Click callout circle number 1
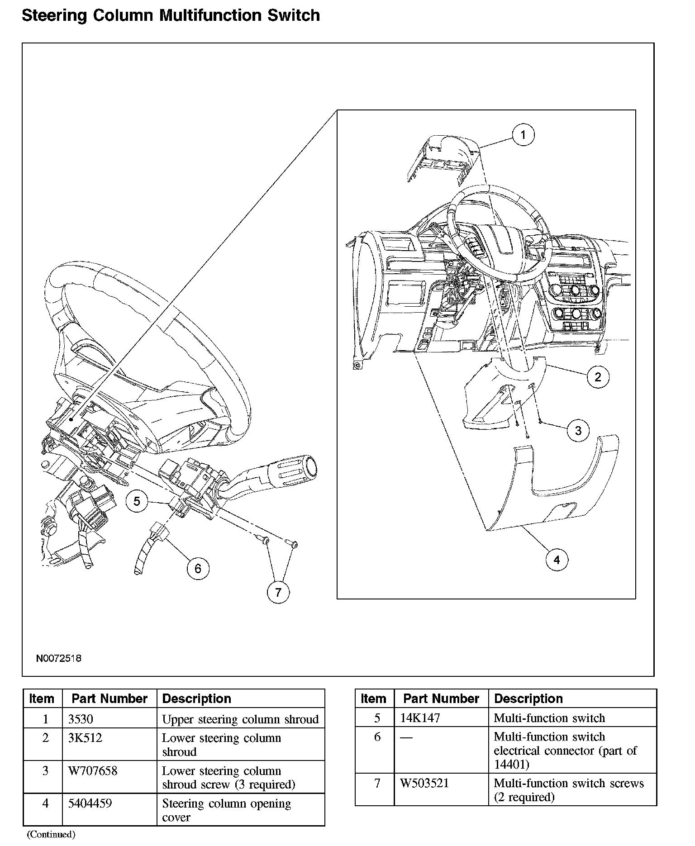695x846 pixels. tap(523, 135)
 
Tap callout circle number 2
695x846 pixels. tap(598, 376)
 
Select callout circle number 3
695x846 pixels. tap(578, 430)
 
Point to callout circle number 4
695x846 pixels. tap(557, 560)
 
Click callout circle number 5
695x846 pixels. tap(137, 501)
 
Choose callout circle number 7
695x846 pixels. tap(278, 592)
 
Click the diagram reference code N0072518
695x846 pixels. tap(59, 658)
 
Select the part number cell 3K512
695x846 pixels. tap(85, 738)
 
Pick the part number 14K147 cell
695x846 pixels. tap(420, 718)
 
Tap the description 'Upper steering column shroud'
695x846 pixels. tap(240, 719)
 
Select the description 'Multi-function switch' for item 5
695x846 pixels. tap(549, 718)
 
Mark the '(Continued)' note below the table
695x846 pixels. tap(51, 834)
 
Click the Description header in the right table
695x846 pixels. tap(528, 699)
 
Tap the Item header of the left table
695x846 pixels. tap(42, 699)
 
